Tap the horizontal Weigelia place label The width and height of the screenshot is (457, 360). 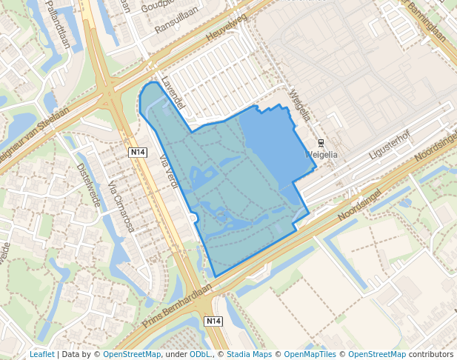coord(321,155)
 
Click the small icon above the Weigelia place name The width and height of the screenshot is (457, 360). coord(321,142)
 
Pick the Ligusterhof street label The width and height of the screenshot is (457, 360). coord(389,145)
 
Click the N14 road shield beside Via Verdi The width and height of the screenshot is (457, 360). coord(137,152)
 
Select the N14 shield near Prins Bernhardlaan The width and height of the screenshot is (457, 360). coord(213,321)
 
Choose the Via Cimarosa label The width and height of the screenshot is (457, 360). coord(121,207)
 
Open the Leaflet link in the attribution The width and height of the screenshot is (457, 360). coord(41,354)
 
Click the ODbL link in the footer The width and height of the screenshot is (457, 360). coord(200,354)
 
